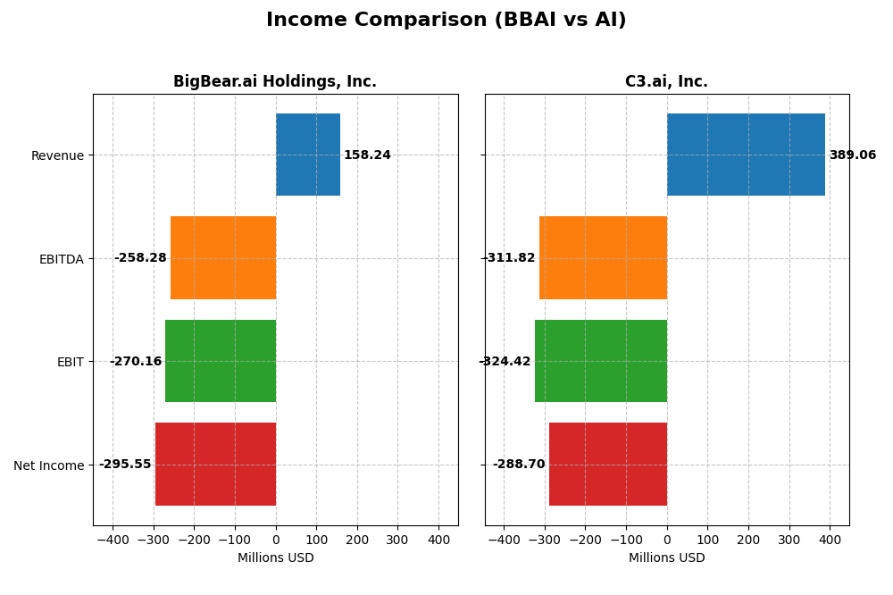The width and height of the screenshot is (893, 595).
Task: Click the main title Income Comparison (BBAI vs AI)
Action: click(x=446, y=21)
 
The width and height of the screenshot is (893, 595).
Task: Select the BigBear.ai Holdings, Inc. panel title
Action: click(x=275, y=82)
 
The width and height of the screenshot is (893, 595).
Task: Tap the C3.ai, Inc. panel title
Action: click(x=666, y=82)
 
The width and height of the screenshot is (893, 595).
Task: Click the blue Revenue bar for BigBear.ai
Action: click(x=308, y=155)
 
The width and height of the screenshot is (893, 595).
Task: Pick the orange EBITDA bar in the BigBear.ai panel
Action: click(x=223, y=257)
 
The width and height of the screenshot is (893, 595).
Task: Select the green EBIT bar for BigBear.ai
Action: click(x=221, y=361)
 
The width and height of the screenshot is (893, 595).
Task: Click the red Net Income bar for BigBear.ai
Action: click(x=215, y=464)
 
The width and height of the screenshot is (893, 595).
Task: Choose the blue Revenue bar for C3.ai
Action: click(x=746, y=155)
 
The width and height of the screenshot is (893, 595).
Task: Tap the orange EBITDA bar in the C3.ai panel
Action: click(x=603, y=257)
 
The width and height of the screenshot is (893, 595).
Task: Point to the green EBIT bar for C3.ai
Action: click(x=601, y=361)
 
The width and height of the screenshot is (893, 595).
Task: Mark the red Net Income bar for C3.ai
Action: click(x=608, y=464)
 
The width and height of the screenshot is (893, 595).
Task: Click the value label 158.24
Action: click(x=367, y=155)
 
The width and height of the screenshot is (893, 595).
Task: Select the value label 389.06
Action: click(x=853, y=155)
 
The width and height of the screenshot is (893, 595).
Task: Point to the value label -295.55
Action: click(x=125, y=465)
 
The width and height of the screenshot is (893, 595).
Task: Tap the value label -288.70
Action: click(x=519, y=465)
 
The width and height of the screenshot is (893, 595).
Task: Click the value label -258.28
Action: click(x=140, y=258)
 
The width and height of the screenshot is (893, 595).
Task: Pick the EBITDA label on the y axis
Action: click(x=61, y=259)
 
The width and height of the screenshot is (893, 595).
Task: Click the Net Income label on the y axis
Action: click(x=49, y=465)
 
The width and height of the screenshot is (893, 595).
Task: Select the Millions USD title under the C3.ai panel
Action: click(x=666, y=558)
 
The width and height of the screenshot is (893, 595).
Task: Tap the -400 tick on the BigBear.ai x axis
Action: click(x=113, y=540)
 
